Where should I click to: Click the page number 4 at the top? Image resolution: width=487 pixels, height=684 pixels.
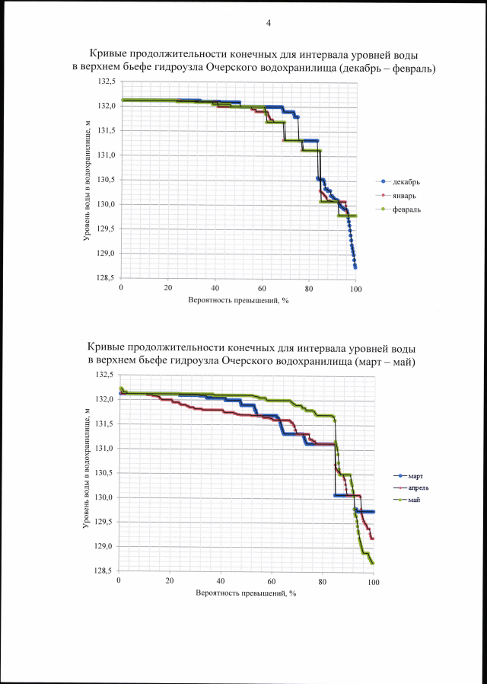click(x=269, y=23)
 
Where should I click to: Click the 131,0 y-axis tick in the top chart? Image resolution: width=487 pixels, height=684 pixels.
click(x=107, y=155)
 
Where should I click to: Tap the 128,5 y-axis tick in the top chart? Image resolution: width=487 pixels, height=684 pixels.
click(x=107, y=279)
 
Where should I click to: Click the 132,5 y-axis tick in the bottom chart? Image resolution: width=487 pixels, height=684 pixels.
click(x=103, y=375)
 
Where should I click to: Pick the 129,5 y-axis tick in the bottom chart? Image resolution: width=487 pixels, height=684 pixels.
click(x=103, y=522)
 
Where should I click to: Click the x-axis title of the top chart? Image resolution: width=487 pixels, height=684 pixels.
click(x=237, y=300)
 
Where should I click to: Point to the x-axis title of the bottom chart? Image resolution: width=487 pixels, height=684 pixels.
click(x=245, y=593)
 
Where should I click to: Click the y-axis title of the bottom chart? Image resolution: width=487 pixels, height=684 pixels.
click(x=88, y=472)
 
